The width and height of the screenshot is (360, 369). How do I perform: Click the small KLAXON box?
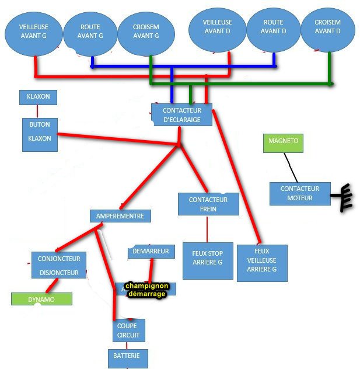38,96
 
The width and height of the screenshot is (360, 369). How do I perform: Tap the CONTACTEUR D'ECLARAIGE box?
181,115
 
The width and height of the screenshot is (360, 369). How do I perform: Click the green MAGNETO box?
284,142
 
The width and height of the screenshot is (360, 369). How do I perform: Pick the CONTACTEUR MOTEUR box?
300,193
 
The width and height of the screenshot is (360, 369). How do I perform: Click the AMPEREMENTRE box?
120,215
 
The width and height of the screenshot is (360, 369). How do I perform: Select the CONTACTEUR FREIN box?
208,204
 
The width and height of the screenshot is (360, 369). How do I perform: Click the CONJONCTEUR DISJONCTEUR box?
59,265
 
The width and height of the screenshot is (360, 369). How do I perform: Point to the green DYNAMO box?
41,299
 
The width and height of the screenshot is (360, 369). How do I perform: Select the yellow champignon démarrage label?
146,290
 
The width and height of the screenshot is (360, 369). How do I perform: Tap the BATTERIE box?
128,357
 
